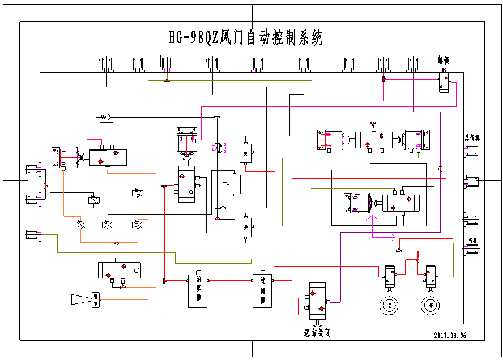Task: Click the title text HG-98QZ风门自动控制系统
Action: [246, 38]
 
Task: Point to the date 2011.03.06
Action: [450, 335]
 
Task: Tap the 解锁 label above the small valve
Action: [444, 59]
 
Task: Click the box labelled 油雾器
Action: [198, 290]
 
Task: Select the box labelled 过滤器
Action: [262, 290]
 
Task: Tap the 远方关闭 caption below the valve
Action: [317, 333]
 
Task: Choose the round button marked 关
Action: [389, 306]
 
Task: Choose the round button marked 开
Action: [430, 306]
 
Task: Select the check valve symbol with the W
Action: [105, 117]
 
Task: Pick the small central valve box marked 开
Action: [245, 227]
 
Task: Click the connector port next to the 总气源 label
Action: [471, 150]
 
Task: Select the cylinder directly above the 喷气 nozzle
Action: [119, 270]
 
